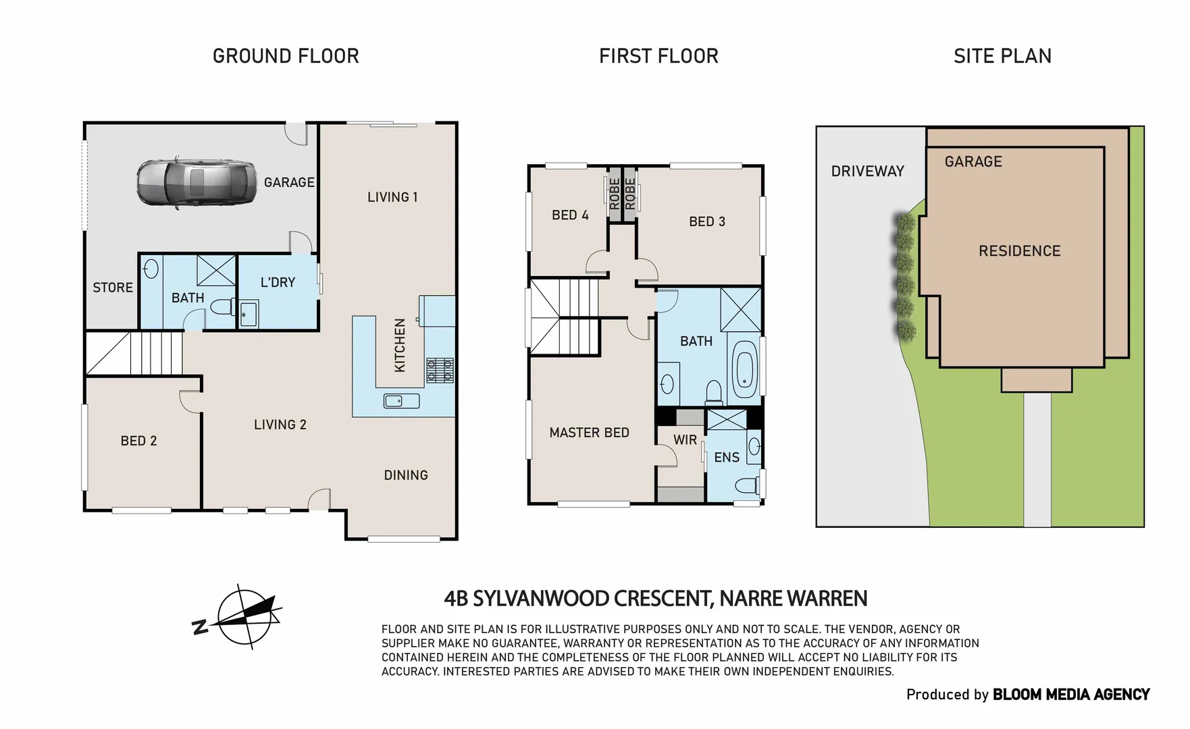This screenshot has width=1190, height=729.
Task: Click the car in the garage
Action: coord(196,182)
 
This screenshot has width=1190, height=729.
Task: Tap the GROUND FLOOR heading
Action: coord(286,56)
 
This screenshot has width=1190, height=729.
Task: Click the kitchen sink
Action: coord(401,401)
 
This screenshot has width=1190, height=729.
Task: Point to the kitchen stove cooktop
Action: coord(440,370)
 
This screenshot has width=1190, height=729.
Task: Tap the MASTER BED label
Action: coord(589,433)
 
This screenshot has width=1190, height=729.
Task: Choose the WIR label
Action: coord(685,440)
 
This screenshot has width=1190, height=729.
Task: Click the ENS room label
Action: coord(727,458)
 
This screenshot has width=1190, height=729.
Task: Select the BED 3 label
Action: coord(706,221)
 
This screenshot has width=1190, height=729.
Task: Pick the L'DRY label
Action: coord(278,282)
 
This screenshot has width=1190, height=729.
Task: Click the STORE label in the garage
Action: coord(113,288)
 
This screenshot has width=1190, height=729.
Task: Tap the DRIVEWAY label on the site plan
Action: coord(867,171)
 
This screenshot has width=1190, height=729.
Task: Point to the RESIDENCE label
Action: coord(1019,251)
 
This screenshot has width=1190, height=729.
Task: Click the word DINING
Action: coord(406,475)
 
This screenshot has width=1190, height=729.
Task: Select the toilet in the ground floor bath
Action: coord(221,308)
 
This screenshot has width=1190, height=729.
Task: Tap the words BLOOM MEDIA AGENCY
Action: coord(1070,695)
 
